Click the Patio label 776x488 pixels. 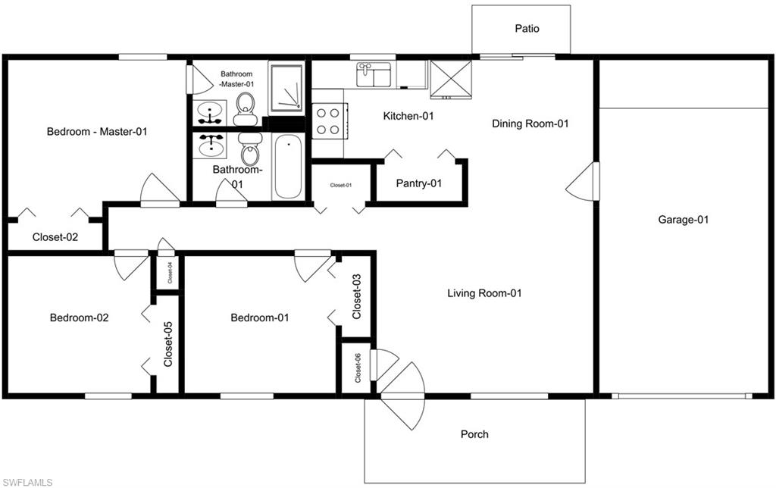tap(527, 29)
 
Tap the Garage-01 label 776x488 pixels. tap(683, 220)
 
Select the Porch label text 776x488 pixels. tap(474, 434)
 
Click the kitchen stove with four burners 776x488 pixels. tap(327, 120)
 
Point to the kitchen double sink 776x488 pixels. tap(374, 75)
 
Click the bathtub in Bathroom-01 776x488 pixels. tap(287, 166)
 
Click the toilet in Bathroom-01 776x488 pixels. tap(249, 148)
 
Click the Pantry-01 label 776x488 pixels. tap(419, 183)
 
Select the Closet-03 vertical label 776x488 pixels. tap(357, 296)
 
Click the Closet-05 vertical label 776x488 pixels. tap(168, 345)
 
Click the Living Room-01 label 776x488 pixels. tap(484, 293)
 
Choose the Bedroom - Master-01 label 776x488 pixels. tap(96, 131)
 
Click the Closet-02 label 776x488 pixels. tap(55, 236)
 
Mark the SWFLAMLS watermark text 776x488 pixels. tap(27, 481)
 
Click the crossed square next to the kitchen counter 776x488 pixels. tap(451, 80)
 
